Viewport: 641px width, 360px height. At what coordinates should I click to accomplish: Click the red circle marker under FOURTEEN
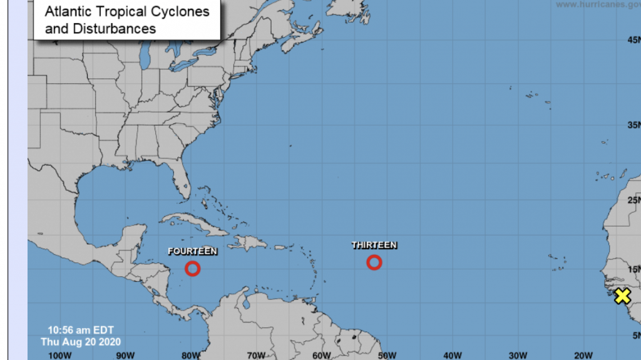tap(193, 269)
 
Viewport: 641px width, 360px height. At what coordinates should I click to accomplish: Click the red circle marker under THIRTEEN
tap(374, 262)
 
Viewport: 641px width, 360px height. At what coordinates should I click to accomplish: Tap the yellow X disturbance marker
tap(622, 296)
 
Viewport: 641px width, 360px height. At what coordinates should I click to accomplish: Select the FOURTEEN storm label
tap(193, 251)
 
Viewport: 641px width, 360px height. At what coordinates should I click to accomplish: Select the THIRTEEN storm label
tap(374, 245)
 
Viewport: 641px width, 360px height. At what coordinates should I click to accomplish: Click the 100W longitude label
tap(59, 355)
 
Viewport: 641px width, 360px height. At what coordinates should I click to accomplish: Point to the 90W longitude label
tap(125, 355)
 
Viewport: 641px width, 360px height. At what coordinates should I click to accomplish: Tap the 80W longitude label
tap(190, 355)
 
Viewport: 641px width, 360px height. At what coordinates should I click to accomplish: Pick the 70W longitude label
tap(256, 355)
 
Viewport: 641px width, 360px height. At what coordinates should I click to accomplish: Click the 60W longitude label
tap(322, 355)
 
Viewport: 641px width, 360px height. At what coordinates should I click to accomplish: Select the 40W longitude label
tap(453, 355)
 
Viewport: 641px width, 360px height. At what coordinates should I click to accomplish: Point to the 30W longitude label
tap(518, 355)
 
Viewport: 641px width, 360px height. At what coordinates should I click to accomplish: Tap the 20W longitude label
tap(583, 355)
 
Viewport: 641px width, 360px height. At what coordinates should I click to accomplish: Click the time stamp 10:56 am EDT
tap(81, 330)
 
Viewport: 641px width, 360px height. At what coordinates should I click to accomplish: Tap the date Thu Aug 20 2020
tap(81, 342)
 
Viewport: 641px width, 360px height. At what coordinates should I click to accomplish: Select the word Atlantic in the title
tap(66, 12)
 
